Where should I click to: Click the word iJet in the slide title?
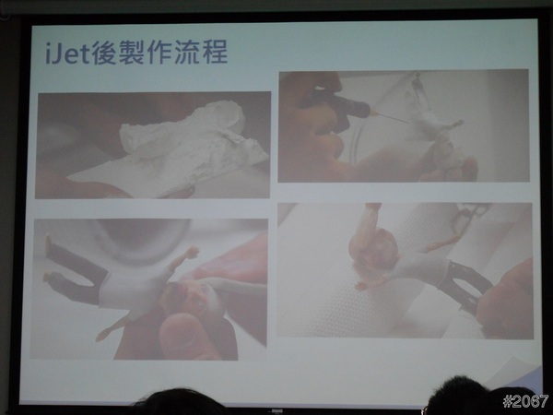click(68, 53)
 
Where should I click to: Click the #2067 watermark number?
click(525, 401)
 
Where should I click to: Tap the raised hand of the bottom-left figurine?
click(192, 252)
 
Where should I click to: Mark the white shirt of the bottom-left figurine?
click(132, 290)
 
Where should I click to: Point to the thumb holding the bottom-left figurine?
click(187, 336)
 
